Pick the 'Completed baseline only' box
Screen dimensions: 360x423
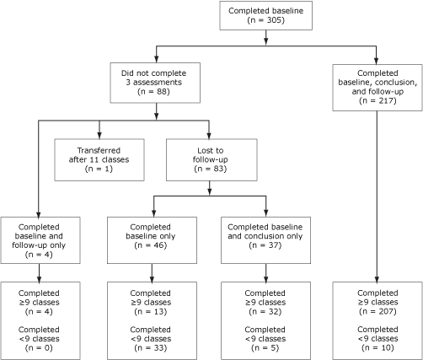[x=152, y=238]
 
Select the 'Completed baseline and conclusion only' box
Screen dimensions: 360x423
[x=266, y=238]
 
